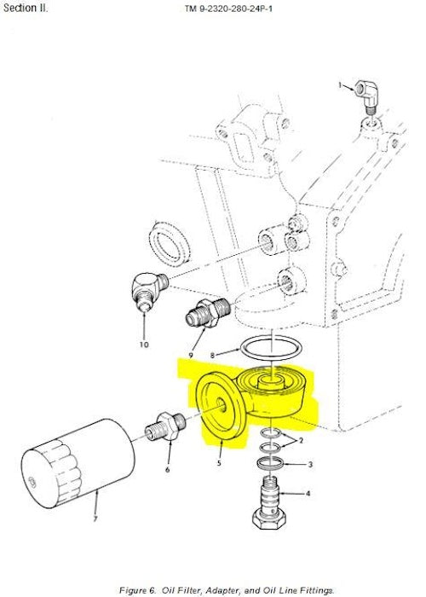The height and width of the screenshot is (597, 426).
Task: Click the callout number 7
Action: (x=95, y=519)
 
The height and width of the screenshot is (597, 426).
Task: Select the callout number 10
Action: (x=144, y=345)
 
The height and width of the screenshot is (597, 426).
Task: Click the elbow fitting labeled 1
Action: (x=366, y=96)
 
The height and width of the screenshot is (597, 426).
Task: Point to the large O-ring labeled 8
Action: (x=272, y=347)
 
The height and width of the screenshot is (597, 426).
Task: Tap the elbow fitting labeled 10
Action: (x=148, y=292)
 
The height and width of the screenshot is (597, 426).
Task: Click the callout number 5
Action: (x=219, y=463)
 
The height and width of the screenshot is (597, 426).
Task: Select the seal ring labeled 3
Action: (x=270, y=463)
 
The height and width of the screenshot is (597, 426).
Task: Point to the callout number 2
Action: (x=302, y=441)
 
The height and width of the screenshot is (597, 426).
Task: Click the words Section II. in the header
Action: (x=26, y=8)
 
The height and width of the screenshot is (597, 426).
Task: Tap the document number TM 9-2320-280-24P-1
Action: (x=228, y=9)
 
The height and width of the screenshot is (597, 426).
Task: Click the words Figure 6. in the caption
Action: (x=138, y=590)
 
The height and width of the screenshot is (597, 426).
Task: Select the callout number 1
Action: (x=340, y=85)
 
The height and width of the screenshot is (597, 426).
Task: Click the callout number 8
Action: (x=213, y=356)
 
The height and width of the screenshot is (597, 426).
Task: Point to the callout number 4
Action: (x=308, y=494)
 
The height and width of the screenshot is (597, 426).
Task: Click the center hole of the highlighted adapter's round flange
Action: (x=221, y=404)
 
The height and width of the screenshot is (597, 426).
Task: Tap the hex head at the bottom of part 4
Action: (x=270, y=519)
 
